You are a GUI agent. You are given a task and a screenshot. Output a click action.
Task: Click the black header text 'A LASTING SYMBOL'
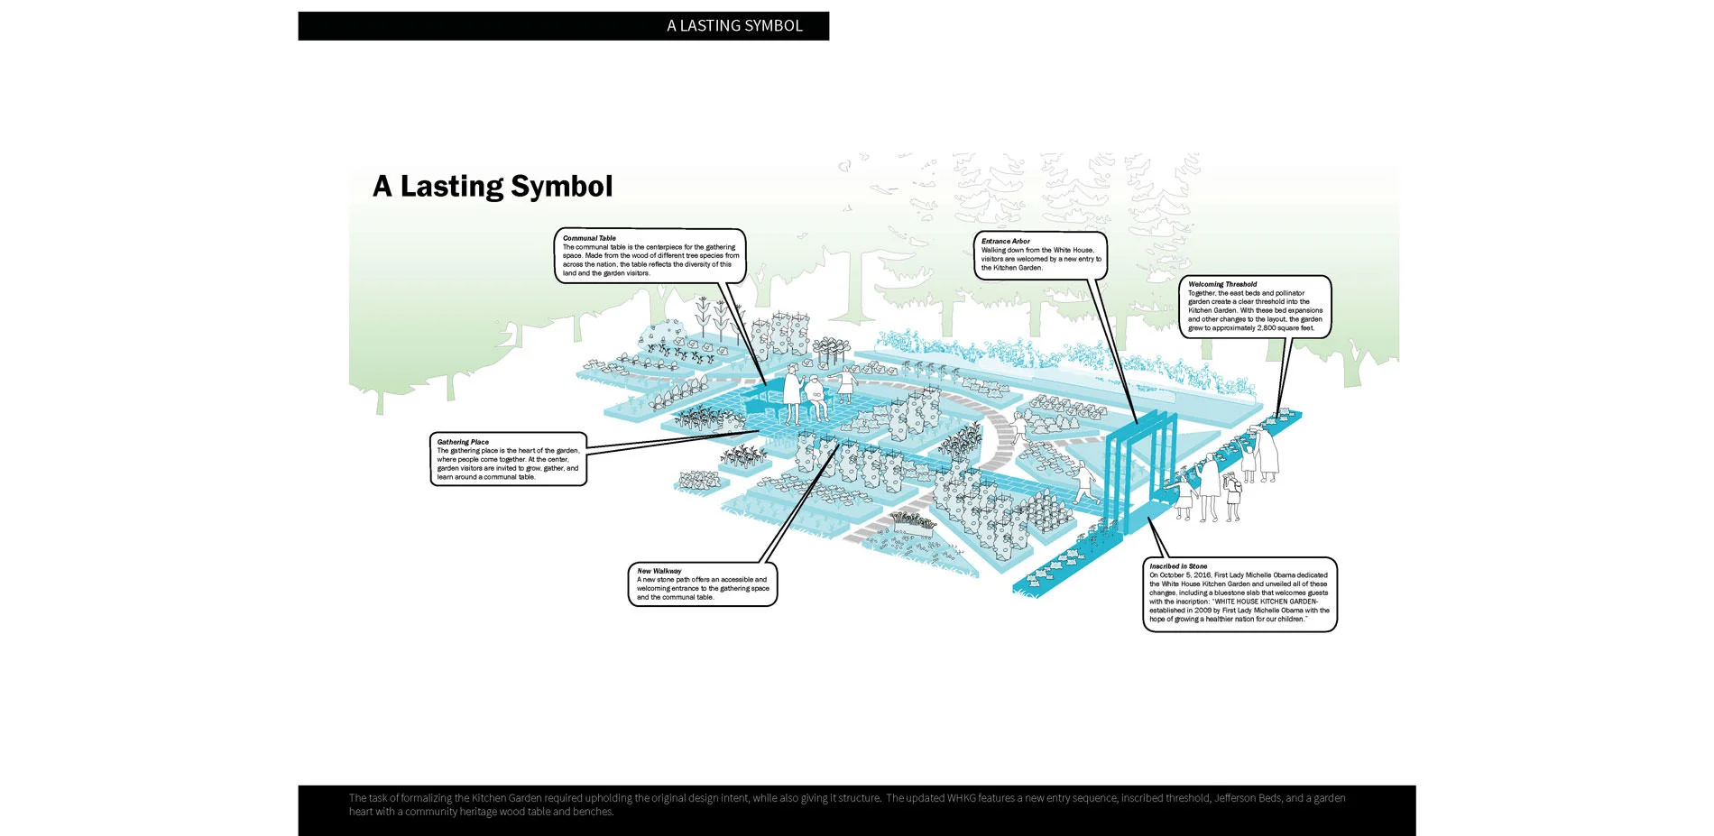(x=734, y=26)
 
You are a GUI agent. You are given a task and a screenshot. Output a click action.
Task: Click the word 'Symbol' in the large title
(x=560, y=187)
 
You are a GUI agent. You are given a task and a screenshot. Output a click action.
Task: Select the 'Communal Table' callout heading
(x=589, y=238)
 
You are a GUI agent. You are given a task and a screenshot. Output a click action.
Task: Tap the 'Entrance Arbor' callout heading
(x=1005, y=241)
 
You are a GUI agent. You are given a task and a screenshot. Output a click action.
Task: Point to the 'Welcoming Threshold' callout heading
(x=1221, y=284)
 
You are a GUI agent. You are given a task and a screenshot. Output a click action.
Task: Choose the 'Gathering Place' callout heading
(x=463, y=442)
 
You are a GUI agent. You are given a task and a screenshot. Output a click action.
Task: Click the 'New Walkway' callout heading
(x=659, y=571)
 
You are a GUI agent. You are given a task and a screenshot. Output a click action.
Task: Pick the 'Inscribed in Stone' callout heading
(x=1177, y=566)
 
